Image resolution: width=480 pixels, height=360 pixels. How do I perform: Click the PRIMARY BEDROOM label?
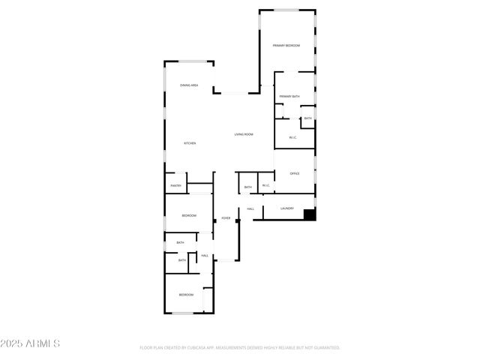pyautogui.click(x=286, y=46)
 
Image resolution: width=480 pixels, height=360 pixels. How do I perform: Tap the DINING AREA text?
pyautogui.click(x=189, y=85)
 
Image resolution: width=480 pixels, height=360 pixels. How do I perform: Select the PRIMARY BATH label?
pyautogui.click(x=289, y=97)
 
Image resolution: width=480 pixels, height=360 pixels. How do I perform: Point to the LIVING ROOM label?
pyautogui.click(x=244, y=134)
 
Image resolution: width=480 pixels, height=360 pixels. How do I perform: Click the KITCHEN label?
pyautogui.click(x=190, y=142)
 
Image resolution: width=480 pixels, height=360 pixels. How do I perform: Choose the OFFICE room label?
pyautogui.click(x=295, y=173)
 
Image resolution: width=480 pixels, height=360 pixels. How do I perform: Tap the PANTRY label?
pyautogui.click(x=175, y=185)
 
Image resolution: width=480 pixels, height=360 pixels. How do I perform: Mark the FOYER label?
pyautogui.click(x=225, y=218)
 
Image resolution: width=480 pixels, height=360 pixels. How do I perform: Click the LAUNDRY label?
pyautogui.click(x=286, y=208)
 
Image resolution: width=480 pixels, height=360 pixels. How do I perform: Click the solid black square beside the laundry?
pyautogui.click(x=310, y=214)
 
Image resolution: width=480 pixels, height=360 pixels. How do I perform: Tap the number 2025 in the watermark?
pyautogui.click(x=13, y=343)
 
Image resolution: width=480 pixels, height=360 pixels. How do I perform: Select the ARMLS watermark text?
pyautogui.click(x=43, y=343)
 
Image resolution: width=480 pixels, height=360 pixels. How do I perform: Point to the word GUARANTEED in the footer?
pyautogui.click(x=325, y=348)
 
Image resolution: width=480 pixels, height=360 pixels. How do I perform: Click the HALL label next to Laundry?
pyautogui.click(x=250, y=208)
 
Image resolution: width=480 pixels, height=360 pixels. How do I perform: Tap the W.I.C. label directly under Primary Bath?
pyautogui.click(x=292, y=137)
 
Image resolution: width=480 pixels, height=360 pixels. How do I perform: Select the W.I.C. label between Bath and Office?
pyautogui.click(x=265, y=186)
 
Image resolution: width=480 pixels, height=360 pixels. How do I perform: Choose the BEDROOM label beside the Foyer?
pyautogui.click(x=188, y=216)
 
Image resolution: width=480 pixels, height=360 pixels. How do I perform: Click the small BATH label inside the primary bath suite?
pyautogui.click(x=307, y=118)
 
